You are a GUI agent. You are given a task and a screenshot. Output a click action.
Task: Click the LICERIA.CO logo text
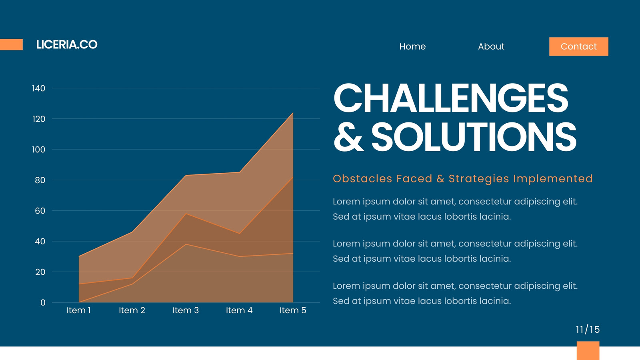tap(67, 44)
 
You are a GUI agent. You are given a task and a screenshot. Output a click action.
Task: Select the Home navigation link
tap(412, 46)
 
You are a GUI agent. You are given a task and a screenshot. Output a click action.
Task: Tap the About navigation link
tap(491, 46)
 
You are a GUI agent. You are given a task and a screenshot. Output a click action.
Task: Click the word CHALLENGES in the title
tap(450, 98)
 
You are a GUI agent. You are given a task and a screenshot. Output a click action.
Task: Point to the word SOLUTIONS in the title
tap(474, 136)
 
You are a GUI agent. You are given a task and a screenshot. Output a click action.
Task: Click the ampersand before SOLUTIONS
tap(348, 136)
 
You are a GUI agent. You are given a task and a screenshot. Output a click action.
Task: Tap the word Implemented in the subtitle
tap(553, 179)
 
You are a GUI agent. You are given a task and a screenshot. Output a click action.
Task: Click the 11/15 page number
tap(588, 330)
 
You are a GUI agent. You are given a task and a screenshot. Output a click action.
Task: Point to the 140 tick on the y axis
tap(38, 88)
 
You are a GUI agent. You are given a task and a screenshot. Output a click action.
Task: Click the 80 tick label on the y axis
tap(40, 180)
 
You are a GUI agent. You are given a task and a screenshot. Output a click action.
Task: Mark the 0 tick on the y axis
tap(43, 302)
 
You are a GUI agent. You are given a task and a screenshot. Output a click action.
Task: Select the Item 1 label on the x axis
tap(78, 310)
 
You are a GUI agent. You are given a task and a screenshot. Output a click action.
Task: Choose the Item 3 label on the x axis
tap(186, 310)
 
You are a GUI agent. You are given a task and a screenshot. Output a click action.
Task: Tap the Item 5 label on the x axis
tap(293, 310)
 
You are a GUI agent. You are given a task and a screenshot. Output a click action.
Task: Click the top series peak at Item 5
tap(293, 113)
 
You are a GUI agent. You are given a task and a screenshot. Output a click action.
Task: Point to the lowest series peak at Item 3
tap(186, 244)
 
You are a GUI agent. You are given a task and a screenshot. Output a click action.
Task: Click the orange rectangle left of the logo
tap(12, 44)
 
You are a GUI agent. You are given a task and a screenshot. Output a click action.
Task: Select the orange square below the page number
tap(588, 350)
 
